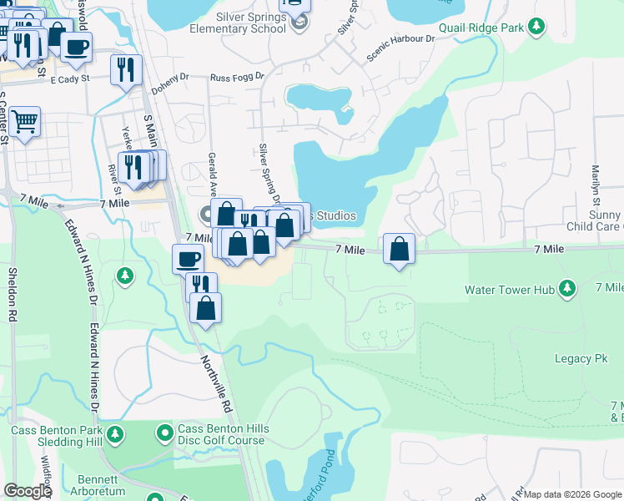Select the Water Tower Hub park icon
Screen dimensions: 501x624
[x=567, y=289]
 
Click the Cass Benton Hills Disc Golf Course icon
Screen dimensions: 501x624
[x=165, y=434]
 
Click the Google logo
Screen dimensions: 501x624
[x=28, y=491]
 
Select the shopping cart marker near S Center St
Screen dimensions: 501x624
[x=24, y=122]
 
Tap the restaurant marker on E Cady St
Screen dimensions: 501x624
[x=126, y=69]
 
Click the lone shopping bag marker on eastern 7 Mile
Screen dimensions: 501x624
[x=400, y=248]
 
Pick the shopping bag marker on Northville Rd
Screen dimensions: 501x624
[x=205, y=307]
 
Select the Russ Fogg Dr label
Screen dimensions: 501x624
[x=237, y=77]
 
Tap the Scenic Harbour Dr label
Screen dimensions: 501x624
[x=401, y=48]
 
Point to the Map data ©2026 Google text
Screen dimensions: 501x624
[x=571, y=494]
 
